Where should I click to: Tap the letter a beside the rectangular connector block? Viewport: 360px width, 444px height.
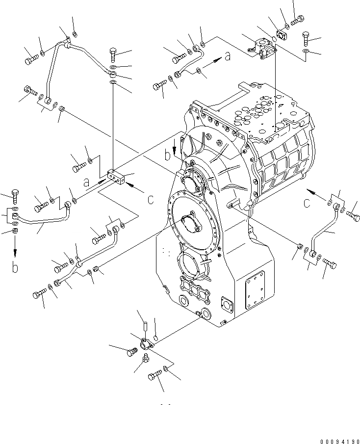[86, 182]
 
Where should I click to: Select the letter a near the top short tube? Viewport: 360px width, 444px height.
[227, 57]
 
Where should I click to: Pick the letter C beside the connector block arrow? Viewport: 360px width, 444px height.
[151, 199]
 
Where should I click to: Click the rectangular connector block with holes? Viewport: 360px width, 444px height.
[117, 177]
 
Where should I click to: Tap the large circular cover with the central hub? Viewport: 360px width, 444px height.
[188, 223]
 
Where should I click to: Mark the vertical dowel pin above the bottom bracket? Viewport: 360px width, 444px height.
[145, 326]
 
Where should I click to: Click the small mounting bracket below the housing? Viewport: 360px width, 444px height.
[145, 345]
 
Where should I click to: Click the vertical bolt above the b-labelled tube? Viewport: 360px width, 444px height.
[14, 196]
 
